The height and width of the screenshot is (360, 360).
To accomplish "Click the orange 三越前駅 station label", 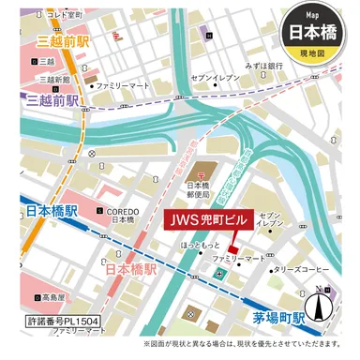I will point(63,43).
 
